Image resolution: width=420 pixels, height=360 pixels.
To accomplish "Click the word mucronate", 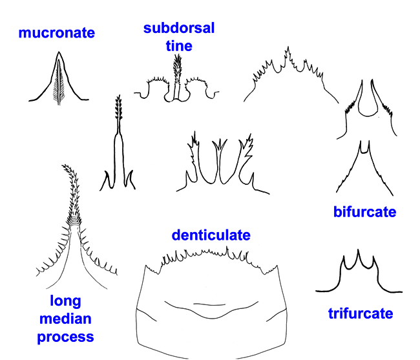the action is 56,33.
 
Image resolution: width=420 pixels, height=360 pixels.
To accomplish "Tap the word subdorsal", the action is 179,28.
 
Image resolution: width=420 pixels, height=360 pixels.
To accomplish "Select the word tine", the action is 179,46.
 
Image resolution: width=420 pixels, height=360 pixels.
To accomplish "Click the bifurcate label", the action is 365,212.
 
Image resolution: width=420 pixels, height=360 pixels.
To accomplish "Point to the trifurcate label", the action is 361,313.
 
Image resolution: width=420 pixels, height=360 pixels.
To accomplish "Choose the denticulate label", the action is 211,235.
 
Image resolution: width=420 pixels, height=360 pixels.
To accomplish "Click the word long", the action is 65,302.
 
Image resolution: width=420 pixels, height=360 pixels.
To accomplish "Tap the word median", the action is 65,319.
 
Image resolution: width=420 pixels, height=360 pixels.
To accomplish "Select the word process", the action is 65,337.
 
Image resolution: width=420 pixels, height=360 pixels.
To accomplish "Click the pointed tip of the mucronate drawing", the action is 59,52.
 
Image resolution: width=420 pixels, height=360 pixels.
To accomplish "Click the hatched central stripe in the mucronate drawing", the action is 59,82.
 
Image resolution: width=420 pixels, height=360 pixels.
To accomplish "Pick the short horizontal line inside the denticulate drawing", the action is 209,304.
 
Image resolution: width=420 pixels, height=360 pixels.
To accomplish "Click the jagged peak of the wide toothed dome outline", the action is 288,52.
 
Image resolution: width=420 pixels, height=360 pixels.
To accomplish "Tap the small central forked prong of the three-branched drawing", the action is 220,144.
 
